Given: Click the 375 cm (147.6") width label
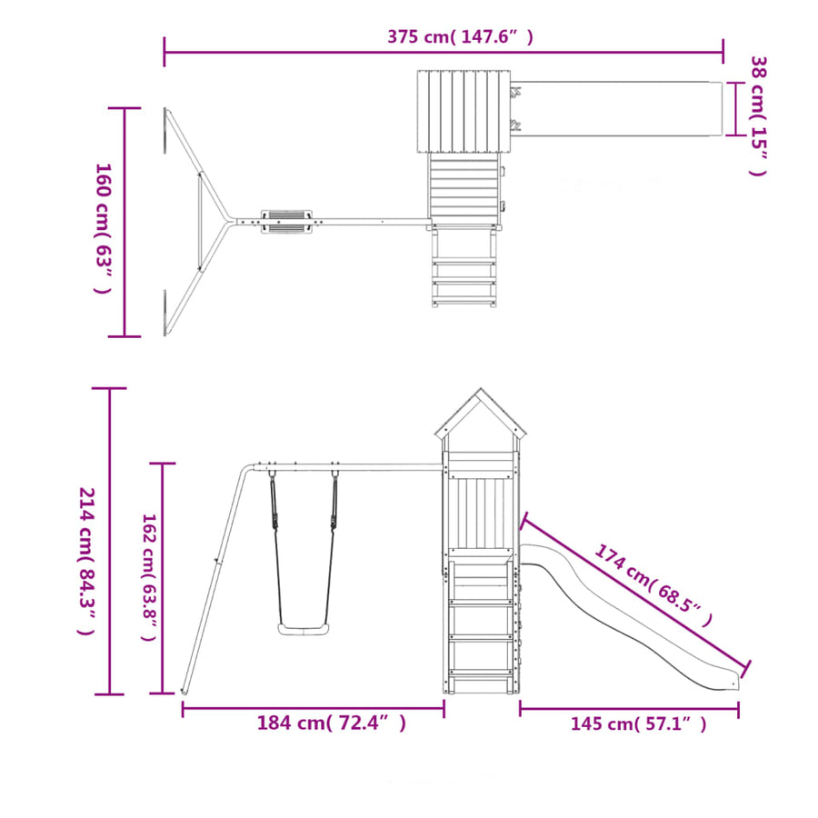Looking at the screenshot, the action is point(460,37).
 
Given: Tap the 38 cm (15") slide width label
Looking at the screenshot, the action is point(759,115).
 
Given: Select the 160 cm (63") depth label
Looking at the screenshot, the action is point(103,228).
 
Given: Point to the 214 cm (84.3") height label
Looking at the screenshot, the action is point(86,561).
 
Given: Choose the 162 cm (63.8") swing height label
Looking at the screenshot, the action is point(149,577).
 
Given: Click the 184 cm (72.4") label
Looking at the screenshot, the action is point(331,723).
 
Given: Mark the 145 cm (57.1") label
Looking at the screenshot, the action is point(639,724).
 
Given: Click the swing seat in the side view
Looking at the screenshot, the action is point(304,629).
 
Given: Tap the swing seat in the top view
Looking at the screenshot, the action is point(287,222).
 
